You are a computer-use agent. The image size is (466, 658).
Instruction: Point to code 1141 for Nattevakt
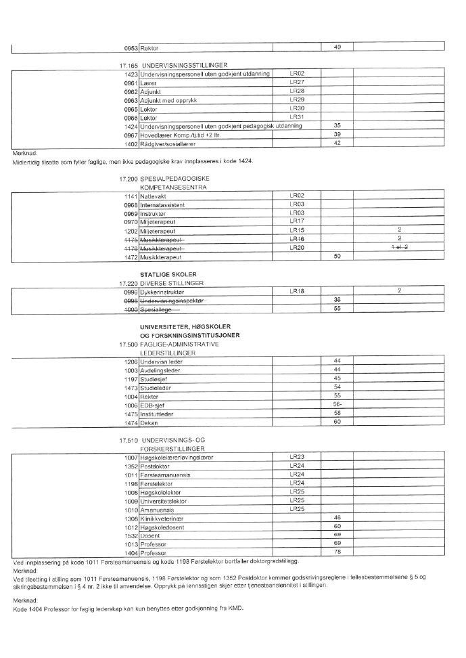[131, 195]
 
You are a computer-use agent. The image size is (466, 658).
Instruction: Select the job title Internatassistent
[162, 204]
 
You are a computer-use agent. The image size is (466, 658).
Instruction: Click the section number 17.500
[126, 344]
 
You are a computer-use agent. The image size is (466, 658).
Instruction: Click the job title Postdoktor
[156, 466]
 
